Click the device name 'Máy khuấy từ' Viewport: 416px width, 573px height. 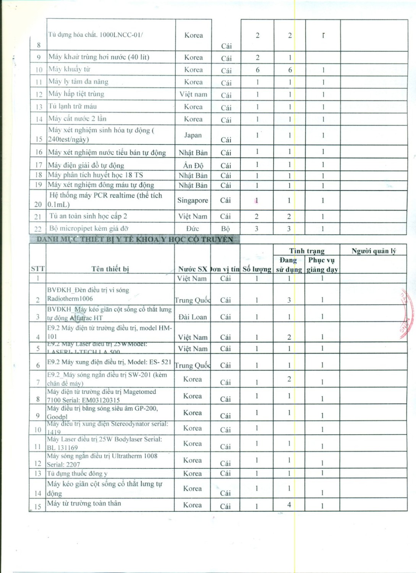(x=69, y=69)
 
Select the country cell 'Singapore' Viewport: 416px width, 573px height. (x=193, y=200)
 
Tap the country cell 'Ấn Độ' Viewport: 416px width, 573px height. (x=193, y=165)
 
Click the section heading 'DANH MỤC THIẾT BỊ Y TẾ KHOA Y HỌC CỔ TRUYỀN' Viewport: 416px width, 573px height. (x=135, y=240)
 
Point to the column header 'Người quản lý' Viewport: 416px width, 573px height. (x=373, y=251)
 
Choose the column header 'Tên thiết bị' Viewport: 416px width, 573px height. (x=110, y=269)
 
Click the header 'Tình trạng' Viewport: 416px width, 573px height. (x=306, y=251)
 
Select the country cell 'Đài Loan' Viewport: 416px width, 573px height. (x=193, y=317)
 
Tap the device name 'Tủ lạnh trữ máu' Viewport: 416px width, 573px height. (x=72, y=106)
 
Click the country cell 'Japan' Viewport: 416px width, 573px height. (x=193, y=135)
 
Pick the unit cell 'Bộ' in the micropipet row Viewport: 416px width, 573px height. (x=225, y=228)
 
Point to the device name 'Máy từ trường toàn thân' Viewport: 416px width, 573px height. (x=84, y=503)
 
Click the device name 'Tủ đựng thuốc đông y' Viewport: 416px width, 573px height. (x=77, y=473)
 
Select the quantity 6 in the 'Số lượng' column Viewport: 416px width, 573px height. (x=257, y=70)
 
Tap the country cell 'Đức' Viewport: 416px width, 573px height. (x=193, y=228)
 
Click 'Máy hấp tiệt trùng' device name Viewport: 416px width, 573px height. (x=76, y=94)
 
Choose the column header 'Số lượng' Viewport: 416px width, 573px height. (x=257, y=269)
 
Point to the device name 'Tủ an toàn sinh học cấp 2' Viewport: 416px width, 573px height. (x=88, y=216)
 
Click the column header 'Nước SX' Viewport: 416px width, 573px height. (x=193, y=269)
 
